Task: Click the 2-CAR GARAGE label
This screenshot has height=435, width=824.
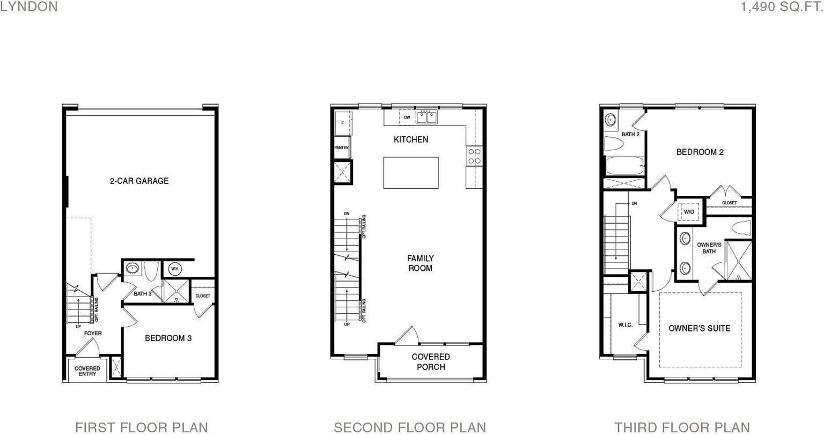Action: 139,181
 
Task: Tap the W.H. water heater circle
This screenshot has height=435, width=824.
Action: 175,269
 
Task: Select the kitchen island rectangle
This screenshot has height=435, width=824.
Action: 411,173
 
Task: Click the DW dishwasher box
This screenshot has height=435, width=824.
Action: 407,117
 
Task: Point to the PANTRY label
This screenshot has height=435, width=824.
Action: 341,148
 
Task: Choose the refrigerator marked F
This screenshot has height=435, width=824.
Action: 343,123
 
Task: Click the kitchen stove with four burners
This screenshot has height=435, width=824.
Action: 474,156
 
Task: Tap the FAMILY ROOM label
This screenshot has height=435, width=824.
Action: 420,263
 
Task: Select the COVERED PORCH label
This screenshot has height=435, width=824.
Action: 431,362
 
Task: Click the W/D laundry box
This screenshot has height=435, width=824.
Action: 689,212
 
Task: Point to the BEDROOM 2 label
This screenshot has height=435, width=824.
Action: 700,152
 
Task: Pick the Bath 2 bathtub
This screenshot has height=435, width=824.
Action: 624,166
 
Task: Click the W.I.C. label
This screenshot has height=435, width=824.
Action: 626,325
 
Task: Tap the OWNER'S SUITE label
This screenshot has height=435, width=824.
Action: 700,328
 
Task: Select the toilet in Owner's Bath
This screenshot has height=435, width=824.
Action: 741,228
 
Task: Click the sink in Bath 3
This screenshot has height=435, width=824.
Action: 132,268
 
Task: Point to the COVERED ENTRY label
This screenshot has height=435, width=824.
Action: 87,371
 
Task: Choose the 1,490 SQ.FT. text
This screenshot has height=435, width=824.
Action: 782,6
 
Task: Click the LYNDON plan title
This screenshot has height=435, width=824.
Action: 29,6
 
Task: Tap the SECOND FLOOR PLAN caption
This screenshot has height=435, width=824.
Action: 410,427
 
